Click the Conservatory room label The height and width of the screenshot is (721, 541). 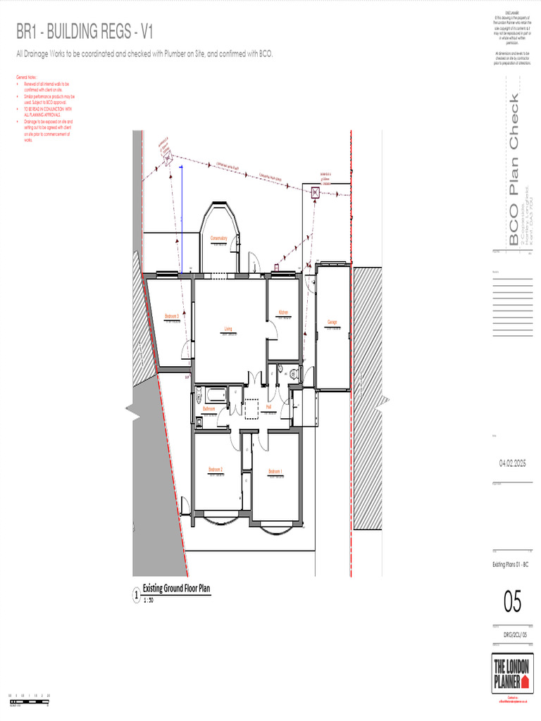pyautogui.click(x=218, y=238)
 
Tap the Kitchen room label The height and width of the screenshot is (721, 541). pyautogui.click(x=283, y=312)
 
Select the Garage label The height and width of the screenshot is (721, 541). pyautogui.click(x=332, y=322)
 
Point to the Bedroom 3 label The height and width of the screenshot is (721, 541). pyautogui.click(x=172, y=316)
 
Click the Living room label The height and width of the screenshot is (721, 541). pyautogui.click(x=228, y=328)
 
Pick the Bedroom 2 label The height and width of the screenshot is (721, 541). pyautogui.click(x=216, y=469)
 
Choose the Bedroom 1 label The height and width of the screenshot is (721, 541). pyautogui.click(x=275, y=471)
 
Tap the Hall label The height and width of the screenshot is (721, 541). pyautogui.click(x=268, y=407)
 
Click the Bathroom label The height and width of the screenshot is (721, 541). pyautogui.click(x=209, y=408)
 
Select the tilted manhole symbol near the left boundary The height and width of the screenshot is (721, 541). pyautogui.click(x=168, y=159)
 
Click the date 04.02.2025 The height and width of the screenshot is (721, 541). pyautogui.click(x=513, y=463)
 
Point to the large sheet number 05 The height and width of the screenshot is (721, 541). pyautogui.click(x=512, y=603)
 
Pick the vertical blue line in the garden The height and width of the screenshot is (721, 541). pyautogui.click(x=182, y=211)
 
